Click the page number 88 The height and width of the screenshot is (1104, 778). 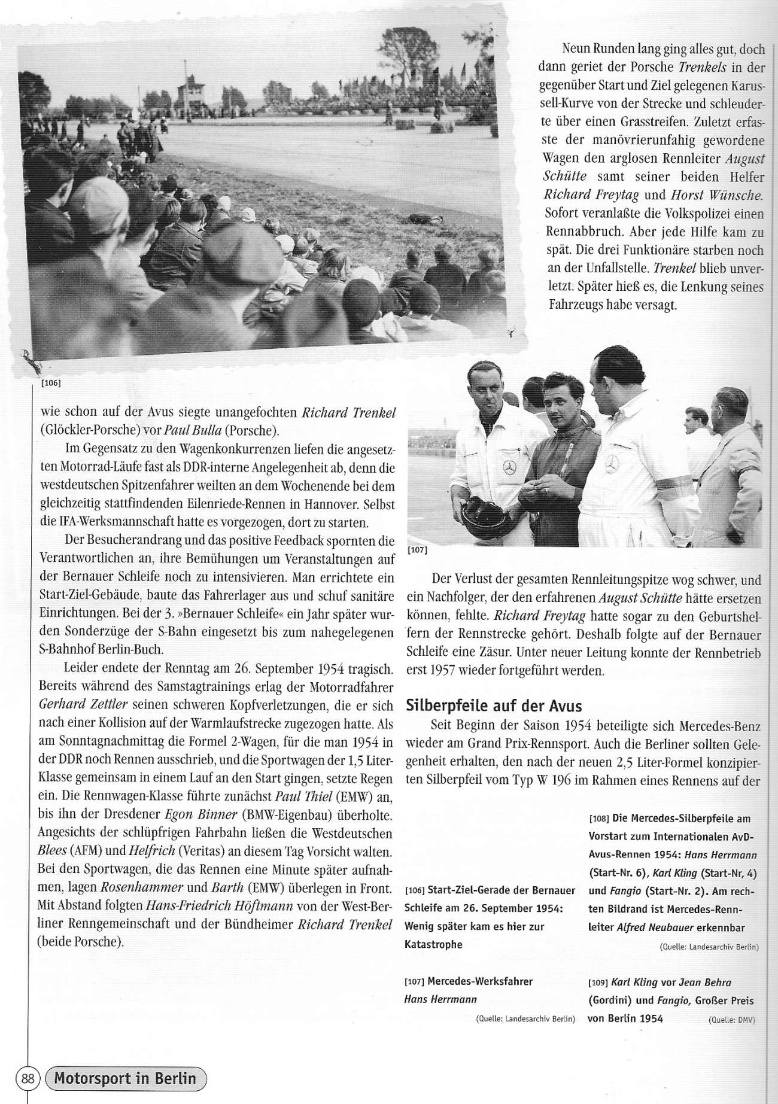(x=28, y=1078)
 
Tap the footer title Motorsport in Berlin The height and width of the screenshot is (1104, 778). (x=125, y=1078)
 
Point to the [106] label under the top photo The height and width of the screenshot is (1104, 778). (x=51, y=383)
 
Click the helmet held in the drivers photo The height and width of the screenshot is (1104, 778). (x=482, y=510)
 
